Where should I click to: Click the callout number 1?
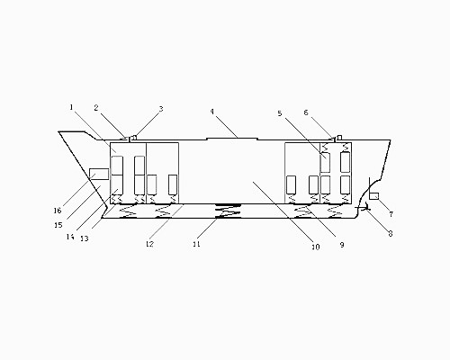pos(71,107)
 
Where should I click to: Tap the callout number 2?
pos(96,108)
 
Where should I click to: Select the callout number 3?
pos(161,109)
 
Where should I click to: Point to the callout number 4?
pos(212,112)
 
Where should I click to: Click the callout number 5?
pos(280,113)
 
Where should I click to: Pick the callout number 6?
pos(306,112)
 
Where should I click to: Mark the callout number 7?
pos(391,214)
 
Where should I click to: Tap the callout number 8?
pos(391,233)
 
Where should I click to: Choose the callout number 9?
pos(342,245)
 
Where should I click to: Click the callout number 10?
pos(316,247)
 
